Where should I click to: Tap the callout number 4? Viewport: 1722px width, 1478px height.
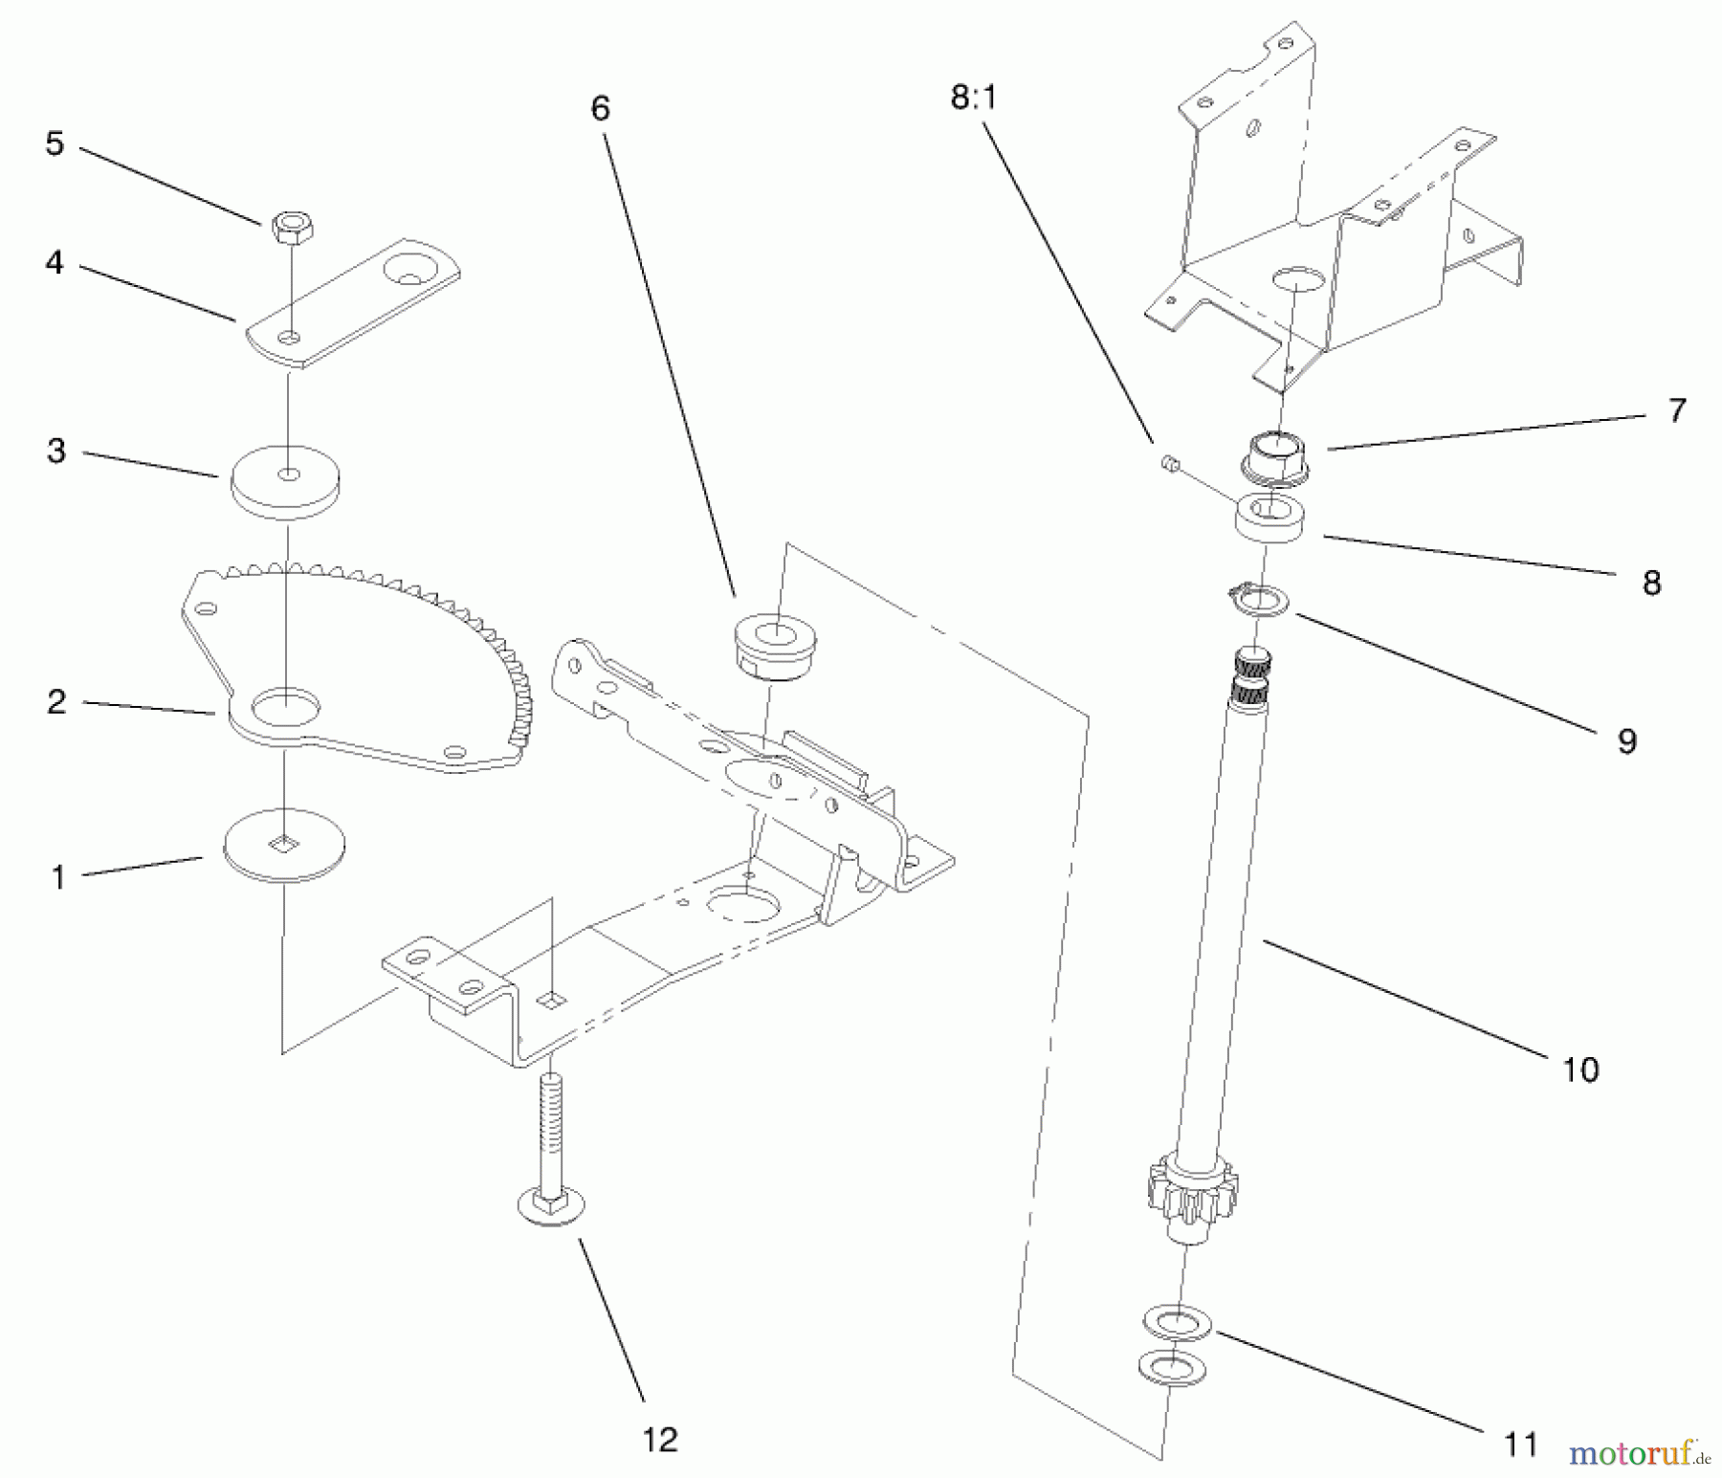[55, 261]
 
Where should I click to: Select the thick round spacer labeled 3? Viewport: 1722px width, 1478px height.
[287, 483]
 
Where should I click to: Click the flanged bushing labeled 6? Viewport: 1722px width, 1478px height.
[775, 648]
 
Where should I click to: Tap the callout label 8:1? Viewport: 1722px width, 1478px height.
[974, 98]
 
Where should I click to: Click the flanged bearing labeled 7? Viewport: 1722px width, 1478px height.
[1276, 454]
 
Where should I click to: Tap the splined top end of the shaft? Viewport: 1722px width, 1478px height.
[1252, 677]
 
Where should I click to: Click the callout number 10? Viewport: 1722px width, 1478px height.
[1579, 1069]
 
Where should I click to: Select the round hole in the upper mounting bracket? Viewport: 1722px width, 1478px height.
[1297, 280]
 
